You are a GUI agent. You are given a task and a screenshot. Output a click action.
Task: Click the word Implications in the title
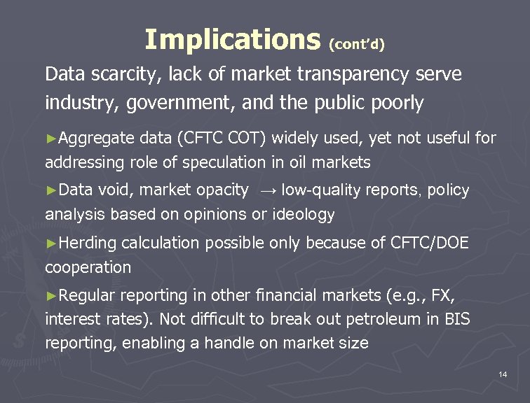coord(231,40)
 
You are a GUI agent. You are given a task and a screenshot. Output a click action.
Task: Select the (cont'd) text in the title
coord(357,44)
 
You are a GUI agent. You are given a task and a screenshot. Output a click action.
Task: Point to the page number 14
coord(502,375)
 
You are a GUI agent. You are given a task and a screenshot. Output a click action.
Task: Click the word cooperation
coord(88,267)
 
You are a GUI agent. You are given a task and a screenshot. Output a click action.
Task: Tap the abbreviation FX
coord(438,295)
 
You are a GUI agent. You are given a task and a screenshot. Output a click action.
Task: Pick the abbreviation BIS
coord(456,320)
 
